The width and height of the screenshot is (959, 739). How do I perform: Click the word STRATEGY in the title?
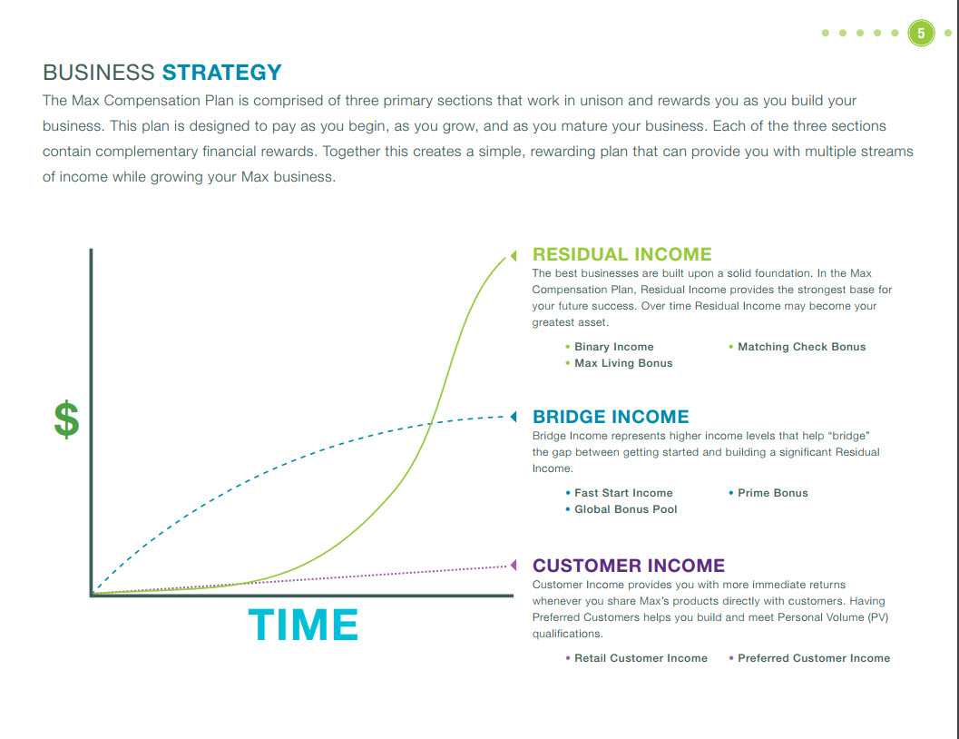[x=222, y=73]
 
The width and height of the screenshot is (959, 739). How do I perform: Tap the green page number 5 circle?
[x=921, y=33]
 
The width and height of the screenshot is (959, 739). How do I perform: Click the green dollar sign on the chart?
[x=66, y=419]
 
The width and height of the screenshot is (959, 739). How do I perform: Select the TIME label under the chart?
[x=303, y=625]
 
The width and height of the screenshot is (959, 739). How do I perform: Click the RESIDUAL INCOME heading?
[x=622, y=254]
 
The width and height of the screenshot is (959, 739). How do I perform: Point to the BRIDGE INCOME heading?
[x=611, y=417]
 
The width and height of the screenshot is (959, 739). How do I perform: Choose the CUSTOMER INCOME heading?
[x=628, y=566]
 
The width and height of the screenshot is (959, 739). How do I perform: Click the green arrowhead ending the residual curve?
[x=514, y=255]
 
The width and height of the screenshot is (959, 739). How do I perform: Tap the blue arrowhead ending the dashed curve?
[x=514, y=417]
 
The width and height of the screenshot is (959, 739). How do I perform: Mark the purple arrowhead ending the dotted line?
[x=514, y=565]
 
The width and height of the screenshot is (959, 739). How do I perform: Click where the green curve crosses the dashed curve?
[x=431, y=423]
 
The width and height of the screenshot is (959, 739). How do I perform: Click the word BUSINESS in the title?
[x=99, y=73]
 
